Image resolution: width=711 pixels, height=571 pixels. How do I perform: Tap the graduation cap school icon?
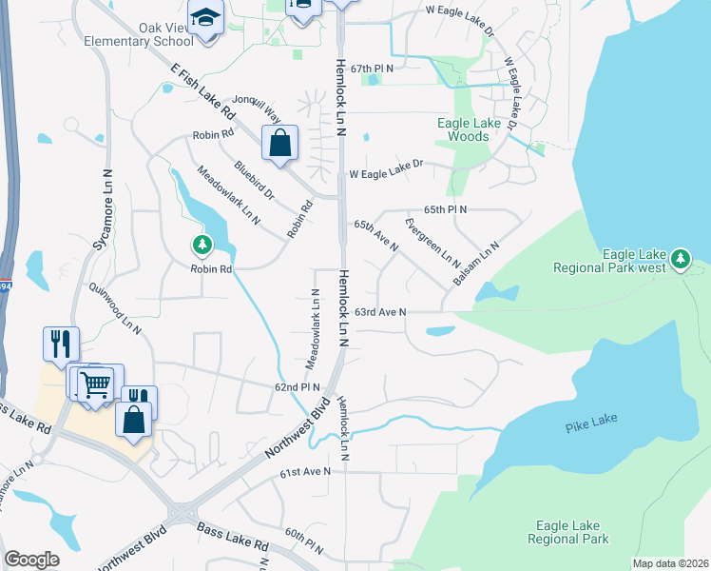204,18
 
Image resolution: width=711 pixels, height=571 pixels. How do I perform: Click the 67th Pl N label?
371,69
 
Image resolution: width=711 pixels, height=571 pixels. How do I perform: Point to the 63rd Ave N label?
380,312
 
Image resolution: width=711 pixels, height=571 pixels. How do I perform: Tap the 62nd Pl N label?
298,387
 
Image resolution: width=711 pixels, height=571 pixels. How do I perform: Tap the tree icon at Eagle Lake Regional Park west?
680,258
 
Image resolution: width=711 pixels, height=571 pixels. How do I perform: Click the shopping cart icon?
95,384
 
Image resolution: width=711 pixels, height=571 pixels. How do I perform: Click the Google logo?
31,559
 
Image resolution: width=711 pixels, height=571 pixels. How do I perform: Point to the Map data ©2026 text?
669,563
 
